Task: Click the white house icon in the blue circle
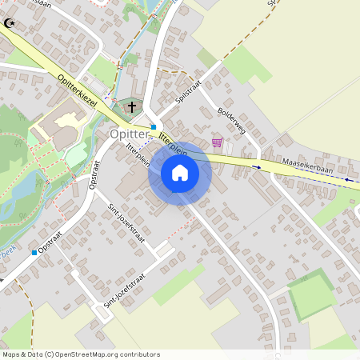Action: pyautogui.click(x=180, y=173)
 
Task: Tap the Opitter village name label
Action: pyautogui.click(x=130, y=134)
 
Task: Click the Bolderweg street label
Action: pyautogui.click(x=230, y=121)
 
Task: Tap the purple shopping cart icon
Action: pyautogui.click(x=217, y=142)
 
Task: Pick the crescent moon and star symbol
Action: pyautogui.click(x=10, y=24)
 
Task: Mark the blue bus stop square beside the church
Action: pyautogui.click(x=154, y=126)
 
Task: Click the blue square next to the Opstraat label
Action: pyautogui.click(x=34, y=253)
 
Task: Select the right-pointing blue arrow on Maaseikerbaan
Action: pyautogui.click(x=257, y=167)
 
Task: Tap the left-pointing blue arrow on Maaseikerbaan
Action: pyautogui.click(x=350, y=180)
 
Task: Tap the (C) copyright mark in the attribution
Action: pyautogui.click(x=50, y=354)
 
